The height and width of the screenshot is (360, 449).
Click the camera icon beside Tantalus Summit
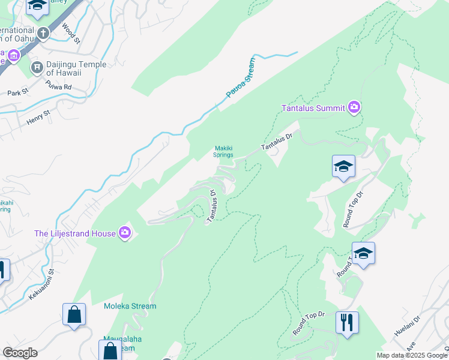click(x=354, y=107)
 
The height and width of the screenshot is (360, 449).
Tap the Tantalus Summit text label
click(x=313, y=108)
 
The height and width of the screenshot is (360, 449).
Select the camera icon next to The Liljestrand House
click(x=125, y=233)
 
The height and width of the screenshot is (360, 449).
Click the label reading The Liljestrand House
click(x=75, y=233)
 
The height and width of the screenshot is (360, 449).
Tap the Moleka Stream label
click(x=130, y=306)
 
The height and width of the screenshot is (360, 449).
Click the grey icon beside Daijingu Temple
click(x=37, y=66)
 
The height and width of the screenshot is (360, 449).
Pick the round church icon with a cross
click(x=43, y=32)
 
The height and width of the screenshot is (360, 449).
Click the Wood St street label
click(x=71, y=34)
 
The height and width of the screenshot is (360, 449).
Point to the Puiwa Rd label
click(x=59, y=87)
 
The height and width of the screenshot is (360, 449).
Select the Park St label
click(x=18, y=93)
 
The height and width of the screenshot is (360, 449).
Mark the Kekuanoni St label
click(x=41, y=284)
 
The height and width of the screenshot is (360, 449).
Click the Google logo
click(x=20, y=353)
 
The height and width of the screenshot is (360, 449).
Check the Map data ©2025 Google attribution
click(x=412, y=355)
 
